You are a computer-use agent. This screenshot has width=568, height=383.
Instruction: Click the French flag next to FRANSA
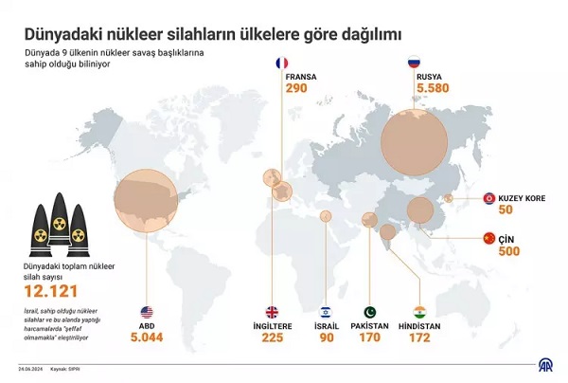[x=280, y=64]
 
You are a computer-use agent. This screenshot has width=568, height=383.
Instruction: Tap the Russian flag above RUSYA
[x=413, y=64]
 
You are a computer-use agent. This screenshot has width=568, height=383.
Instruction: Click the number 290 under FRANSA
[x=297, y=88]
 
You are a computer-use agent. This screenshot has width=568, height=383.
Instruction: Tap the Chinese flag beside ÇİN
[x=489, y=238]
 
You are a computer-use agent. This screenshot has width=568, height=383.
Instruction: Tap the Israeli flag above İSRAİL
[x=324, y=312]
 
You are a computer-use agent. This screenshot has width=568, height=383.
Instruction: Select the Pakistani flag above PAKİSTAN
[x=369, y=312]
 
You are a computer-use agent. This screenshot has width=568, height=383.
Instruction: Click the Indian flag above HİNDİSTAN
[x=419, y=312]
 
